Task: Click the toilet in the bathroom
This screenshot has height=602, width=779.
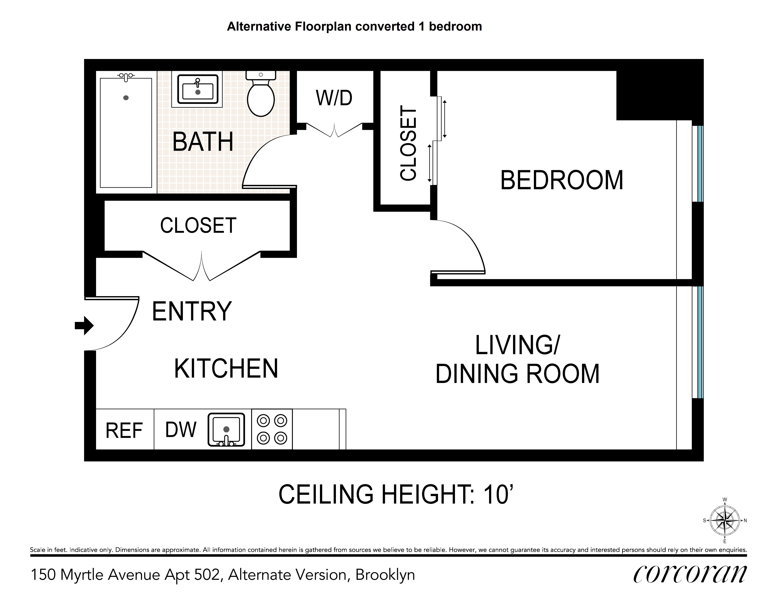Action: pyautogui.click(x=261, y=93)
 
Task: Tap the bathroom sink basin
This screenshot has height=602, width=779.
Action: pyautogui.click(x=198, y=89)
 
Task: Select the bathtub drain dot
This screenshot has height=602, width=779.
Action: pyautogui.click(x=126, y=98)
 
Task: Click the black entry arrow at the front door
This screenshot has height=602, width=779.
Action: pyautogui.click(x=84, y=325)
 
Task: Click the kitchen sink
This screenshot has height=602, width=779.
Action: pyautogui.click(x=226, y=429)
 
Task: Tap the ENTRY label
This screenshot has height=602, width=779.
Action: pyautogui.click(x=192, y=311)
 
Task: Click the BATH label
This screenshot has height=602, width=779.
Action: pyautogui.click(x=203, y=142)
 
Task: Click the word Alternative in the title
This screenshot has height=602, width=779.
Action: pyautogui.click(x=259, y=26)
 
